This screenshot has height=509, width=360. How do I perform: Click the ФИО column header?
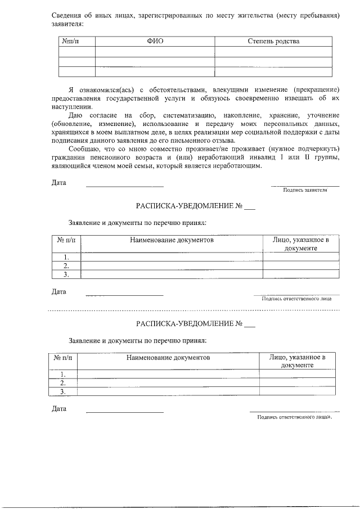tap(155, 41)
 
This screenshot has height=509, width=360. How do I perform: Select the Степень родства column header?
tap(273, 41)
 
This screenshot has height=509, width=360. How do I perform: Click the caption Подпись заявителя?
tap(305, 191)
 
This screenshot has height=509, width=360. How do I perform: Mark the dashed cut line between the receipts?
tap(180, 310)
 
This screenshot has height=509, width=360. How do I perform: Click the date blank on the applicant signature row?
tap(124, 186)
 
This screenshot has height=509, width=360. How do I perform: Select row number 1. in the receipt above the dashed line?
tap(66, 257)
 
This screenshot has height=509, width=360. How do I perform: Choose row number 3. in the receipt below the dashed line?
tap(63, 391)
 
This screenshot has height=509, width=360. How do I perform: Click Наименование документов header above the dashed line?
tap(172, 240)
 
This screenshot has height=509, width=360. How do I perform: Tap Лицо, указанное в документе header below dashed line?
tap(298, 361)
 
